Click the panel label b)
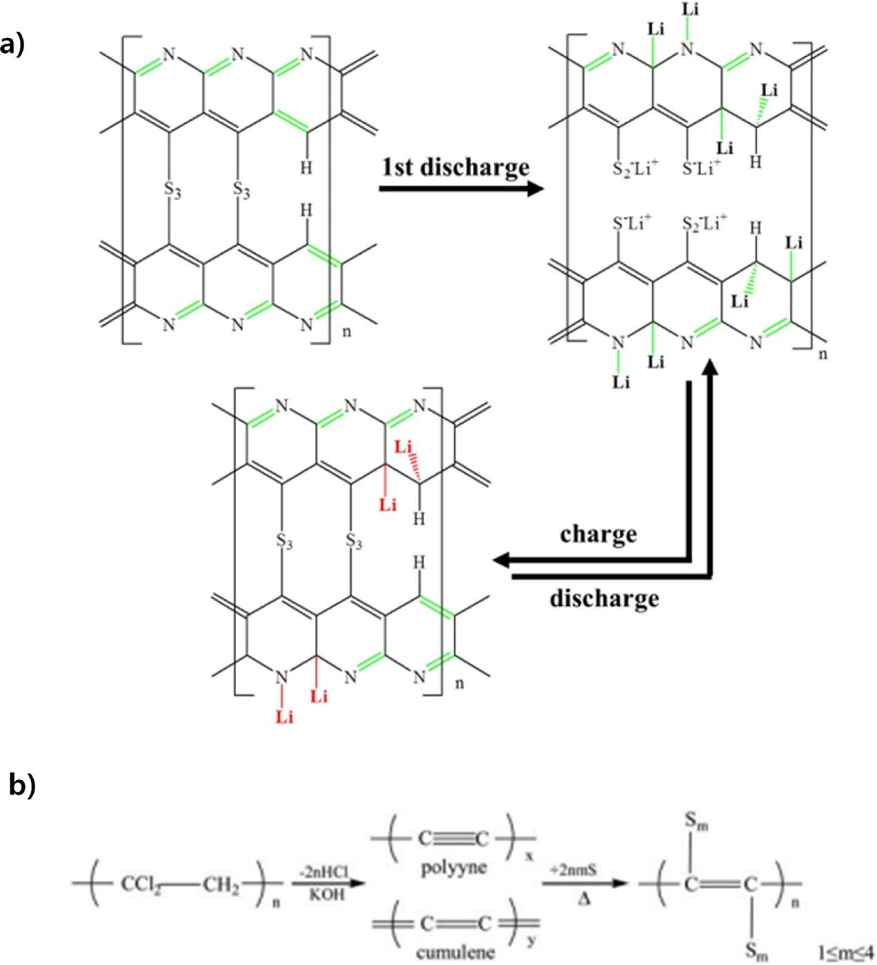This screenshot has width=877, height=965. (x=21, y=786)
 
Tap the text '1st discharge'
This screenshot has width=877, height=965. (x=456, y=166)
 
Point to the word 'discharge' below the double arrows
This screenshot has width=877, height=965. (x=604, y=598)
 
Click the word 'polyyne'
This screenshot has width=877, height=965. (x=453, y=868)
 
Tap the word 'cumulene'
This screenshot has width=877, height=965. (x=455, y=953)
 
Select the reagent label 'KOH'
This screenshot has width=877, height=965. (x=327, y=895)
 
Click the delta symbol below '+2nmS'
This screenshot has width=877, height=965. (x=583, y=899)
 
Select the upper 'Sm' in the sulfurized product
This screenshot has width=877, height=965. (x=696, y=822)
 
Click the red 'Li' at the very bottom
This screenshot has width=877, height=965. (x=285, y=717)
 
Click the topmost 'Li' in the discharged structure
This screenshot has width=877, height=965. (x=690, y=10)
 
